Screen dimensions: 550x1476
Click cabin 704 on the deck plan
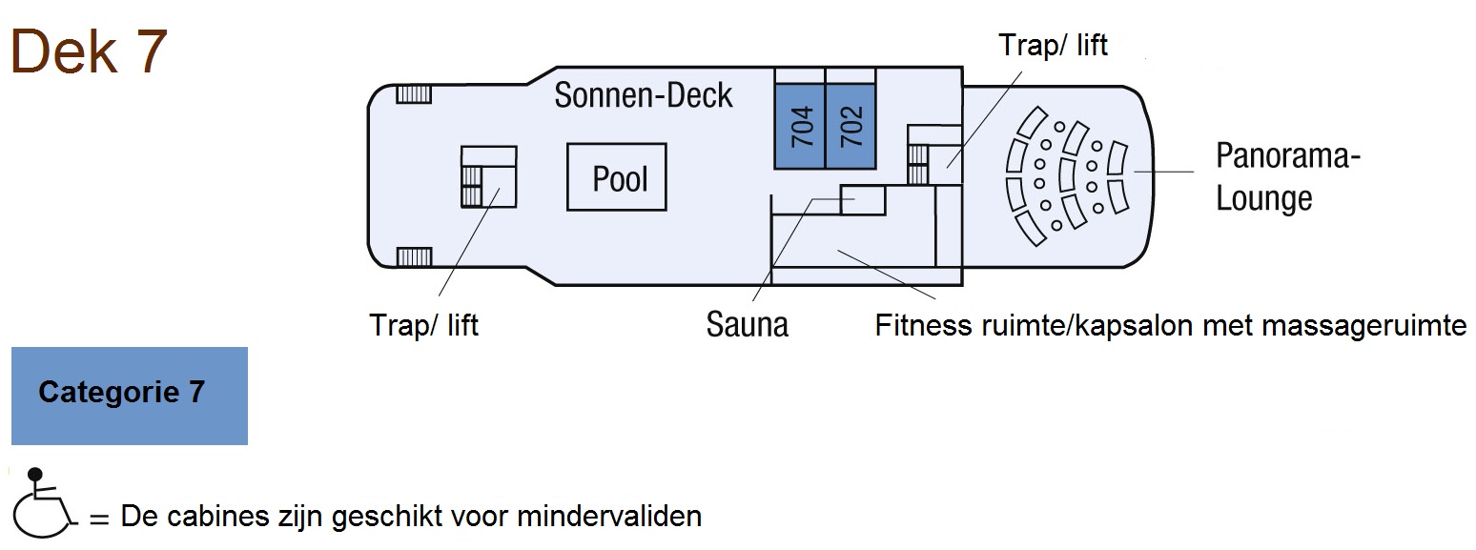tap(800, 126)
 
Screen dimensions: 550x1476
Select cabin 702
tap(851, 126)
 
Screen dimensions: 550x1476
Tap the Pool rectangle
tap(617, 177)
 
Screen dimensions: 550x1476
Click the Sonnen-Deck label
tap(644, 95)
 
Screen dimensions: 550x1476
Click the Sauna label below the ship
tap(748, 325)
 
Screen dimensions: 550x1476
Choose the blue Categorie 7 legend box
tap(130, 396)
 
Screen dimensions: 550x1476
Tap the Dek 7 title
tap(89, 51)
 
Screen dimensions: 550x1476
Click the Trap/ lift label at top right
tap(1053, 45)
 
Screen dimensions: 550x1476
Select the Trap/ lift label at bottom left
tap(423, 325)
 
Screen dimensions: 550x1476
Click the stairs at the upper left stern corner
tap(414, 93)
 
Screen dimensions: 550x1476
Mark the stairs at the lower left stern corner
tap(414, 256)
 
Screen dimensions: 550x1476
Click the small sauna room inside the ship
tap(863, 200)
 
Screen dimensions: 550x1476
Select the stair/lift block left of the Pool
tap(488, 177)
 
